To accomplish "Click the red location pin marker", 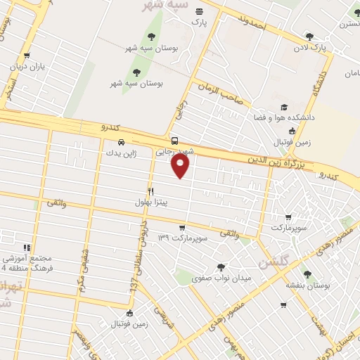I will pos(181,166).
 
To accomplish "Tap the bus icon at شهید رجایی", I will pos(174,140).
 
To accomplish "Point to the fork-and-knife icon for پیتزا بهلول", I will pos(150,191).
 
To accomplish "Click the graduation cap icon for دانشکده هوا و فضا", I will pos(284,108).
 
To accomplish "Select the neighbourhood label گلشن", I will pos(273,264).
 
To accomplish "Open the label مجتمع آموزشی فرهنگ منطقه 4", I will pos(26,263).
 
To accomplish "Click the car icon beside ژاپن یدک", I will pos(122,141).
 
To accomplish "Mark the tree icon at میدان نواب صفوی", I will pos(221,267).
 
